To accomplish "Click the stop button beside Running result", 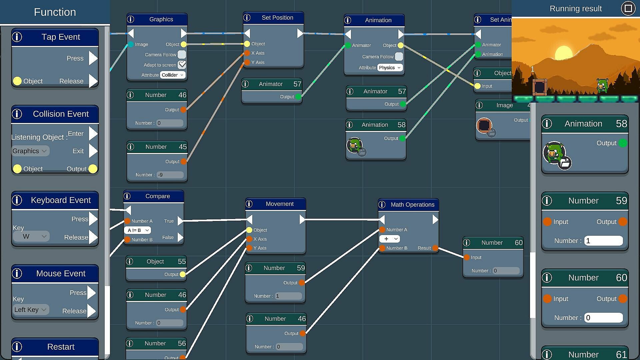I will [628, 8].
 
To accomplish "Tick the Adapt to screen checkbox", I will [182, 65].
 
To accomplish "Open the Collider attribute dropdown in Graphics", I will [173, 75].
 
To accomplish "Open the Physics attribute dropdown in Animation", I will [390, 68].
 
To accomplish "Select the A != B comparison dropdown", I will [137, 230].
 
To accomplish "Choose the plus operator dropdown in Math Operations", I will [389, 239].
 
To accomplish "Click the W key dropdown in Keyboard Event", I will [31, 237].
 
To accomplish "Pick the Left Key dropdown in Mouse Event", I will [30, 310].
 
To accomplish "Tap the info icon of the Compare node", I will [127, 196].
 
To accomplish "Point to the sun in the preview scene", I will [563, 53].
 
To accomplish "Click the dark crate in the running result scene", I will [539, 87].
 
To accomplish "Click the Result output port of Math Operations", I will [435, 248].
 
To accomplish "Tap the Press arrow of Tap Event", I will [93, 58].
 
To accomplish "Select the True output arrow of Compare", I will [180, 221].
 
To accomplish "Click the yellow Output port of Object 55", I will [183, 274].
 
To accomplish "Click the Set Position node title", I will [277, 18].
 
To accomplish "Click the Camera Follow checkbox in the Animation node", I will [399, 57].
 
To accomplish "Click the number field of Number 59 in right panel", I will [603, 241].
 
